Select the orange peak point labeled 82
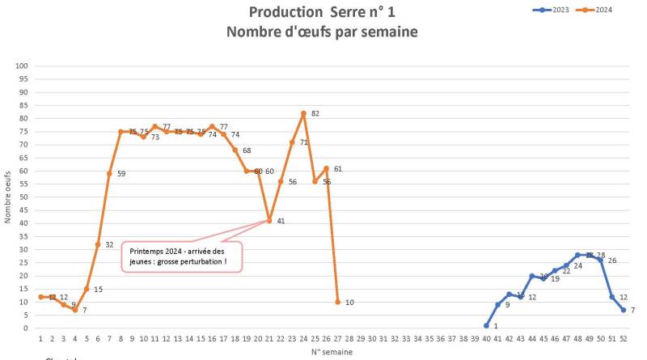pos(303,113)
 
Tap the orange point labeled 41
pos(269,221)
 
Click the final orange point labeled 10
pos(337,302)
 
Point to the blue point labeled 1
pos(486,325)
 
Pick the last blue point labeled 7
pos(624,310)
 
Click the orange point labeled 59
pos(109,173)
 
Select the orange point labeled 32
pos(98,244)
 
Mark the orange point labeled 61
pos(326,168)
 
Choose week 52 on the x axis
pos(624,340)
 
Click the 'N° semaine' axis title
pos(332,352)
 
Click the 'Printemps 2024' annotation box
pos(182,256)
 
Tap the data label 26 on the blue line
pos(611,260)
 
